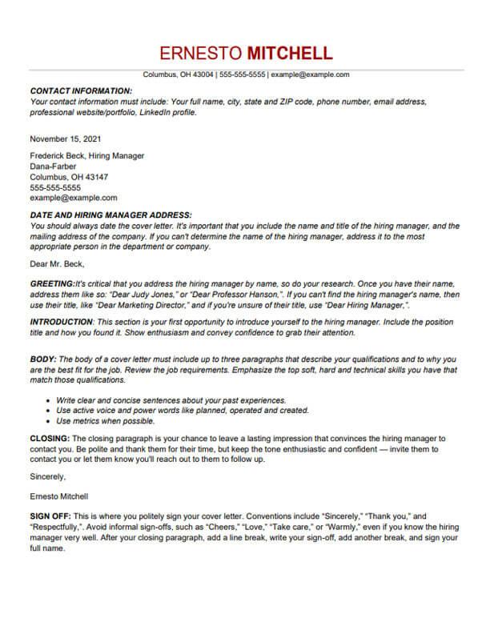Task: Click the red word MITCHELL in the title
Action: tap(289, 54)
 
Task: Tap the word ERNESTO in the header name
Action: tap(201, 54)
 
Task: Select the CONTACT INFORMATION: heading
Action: tap(81, 92)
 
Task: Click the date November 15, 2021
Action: tap(66, 138)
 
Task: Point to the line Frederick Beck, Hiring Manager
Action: tap(86, 155)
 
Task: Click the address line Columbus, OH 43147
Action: tap(69, 176)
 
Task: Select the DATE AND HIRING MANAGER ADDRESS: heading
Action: tap(110, 215)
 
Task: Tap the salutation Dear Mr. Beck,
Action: tap(57, 263)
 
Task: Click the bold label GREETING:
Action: tap(51, 284)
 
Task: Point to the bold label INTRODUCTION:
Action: tap(62, 320)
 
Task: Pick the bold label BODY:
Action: tap(43, 359)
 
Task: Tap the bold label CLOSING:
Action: tap(50, 439)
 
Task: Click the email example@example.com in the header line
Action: tap(310, 74)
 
